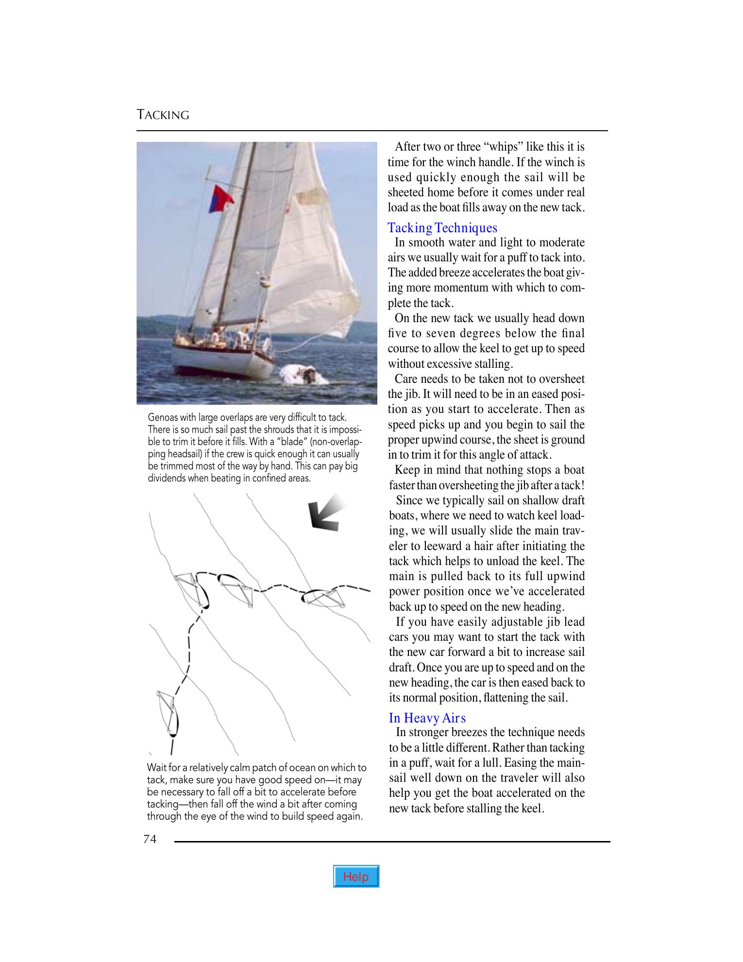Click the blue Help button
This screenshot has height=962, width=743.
[356, 876]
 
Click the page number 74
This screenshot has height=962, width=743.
[150, 839]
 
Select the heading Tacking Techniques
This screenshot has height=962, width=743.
[442, 228]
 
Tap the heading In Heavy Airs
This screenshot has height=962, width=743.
[427, 718]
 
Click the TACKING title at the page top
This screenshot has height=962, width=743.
[163, 115]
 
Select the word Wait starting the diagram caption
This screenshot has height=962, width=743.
[157, 768]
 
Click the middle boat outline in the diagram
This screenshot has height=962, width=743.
[236, 589]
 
